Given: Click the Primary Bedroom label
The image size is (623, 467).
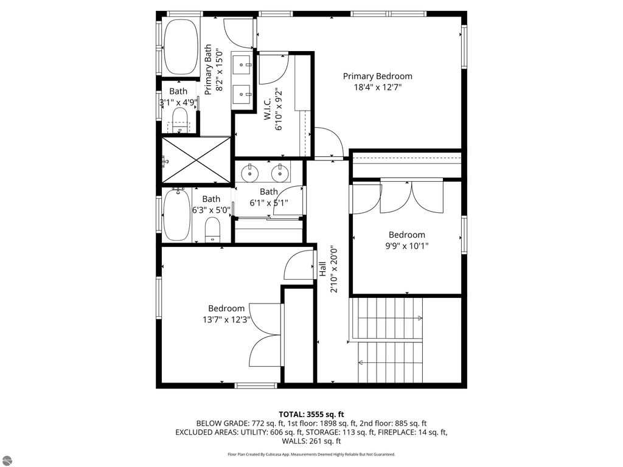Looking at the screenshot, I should coord(377,76).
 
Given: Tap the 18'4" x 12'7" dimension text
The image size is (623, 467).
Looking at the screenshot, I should coord(377,88).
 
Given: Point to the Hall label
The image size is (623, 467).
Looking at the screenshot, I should coord(322,269).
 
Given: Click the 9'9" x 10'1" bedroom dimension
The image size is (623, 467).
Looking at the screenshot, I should coord(407,246).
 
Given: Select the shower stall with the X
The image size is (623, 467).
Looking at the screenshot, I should coord(195,160).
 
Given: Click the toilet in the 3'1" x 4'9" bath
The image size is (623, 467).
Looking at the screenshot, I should coord(180,117).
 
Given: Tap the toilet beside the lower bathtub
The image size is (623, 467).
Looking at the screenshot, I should coord(212,230).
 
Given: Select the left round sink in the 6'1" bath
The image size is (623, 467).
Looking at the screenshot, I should coord(251,173).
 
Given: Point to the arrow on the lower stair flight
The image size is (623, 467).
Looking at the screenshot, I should coord(361,363).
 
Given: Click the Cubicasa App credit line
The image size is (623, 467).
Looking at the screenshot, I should coord(311,454).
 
